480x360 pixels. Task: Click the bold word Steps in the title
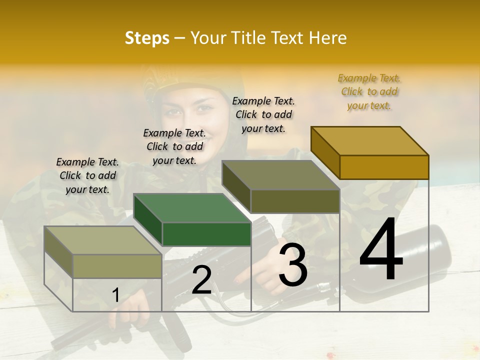pyautogui.click(x=146, y=38)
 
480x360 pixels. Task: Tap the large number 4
pyautogui.click(x=381, y=250)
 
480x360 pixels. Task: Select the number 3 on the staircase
pyautogui.click(x=293, y=265)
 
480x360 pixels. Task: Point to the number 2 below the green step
pyautogui.click(x=201, y=280)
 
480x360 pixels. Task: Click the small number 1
pyautogui.click(x=115, y=295)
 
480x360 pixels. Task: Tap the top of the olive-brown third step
pyautogui.click(x=280, y=175)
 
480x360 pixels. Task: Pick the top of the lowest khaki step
pyautogui.click(x=103, y=240)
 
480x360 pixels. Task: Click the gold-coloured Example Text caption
pyautogui.click(x=369, y=91)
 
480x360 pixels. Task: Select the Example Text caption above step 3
pyautogui.click(x=263, y=114)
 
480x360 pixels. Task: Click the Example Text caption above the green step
pyautogui.click(x=174, y=146)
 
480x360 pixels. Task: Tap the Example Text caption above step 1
pyautogui.click(x=87, y=175)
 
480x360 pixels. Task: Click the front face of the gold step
pyautogui.click(x=384, y=167)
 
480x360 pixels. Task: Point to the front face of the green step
pyautogui.click(x=206, y=234)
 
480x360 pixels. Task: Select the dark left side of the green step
pyautogui.click(x=148, y=219)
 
